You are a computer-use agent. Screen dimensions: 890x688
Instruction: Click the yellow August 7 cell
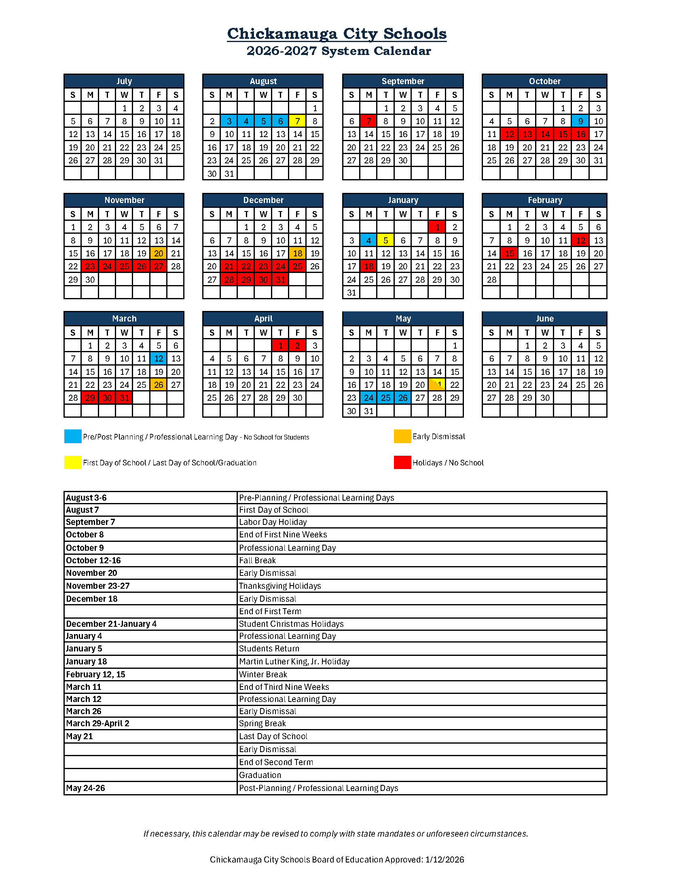pos(298,121)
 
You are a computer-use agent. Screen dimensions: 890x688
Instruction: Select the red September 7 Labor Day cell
pos(368,121)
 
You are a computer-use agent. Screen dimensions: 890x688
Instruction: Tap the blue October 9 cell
pos(580,121)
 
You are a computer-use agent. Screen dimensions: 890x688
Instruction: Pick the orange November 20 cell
pos(159,254)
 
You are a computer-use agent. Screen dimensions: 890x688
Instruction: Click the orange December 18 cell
pos(298,254)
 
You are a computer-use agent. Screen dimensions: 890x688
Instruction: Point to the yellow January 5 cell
pos(385,241)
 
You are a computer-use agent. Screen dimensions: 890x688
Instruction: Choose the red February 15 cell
pos(509,254)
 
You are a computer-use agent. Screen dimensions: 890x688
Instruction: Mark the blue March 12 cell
pos(159,359)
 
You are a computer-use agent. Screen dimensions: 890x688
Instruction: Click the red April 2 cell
pos(298,346)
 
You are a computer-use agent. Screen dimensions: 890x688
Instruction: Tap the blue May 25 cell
pos(385,398)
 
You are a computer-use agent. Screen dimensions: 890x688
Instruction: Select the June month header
pos(544,319)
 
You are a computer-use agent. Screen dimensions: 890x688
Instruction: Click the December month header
pos(263,200)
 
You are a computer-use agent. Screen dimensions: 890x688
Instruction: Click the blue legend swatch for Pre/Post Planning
pos(72,436)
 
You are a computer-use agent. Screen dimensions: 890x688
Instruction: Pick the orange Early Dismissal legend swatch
pos(402,436)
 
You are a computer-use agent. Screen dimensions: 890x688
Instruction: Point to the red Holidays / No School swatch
pos(402,463)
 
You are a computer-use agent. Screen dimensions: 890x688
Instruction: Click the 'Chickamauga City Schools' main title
pos(337,34)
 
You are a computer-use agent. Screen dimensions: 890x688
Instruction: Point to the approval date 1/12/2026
pos(444,860)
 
